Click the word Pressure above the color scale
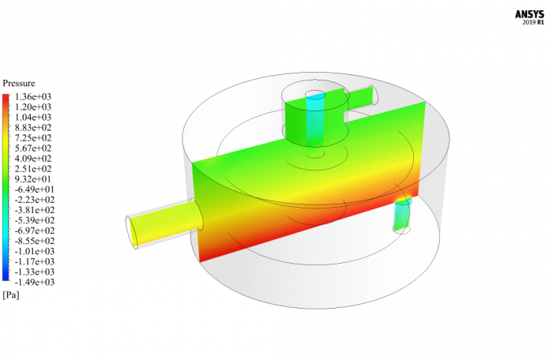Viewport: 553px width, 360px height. tap(19, 83)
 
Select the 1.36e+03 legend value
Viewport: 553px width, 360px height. tap(33, 96)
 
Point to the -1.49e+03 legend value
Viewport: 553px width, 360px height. tap(34, 282)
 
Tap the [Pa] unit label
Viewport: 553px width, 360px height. tap(11, 294)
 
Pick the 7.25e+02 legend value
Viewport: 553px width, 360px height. tap(33, 137)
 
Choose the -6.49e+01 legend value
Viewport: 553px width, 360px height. tap(34, 189)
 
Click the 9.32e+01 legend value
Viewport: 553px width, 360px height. tap(33, 179)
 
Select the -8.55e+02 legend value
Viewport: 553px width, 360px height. tap(34, 241)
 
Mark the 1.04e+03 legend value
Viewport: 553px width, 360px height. tap(33, 117)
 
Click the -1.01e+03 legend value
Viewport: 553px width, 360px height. tap(34, 251)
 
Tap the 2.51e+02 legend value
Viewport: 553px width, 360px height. tap(33, 169)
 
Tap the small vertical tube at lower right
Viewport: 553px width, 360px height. tap(402, 215)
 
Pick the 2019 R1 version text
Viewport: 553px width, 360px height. tap(533, 23)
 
